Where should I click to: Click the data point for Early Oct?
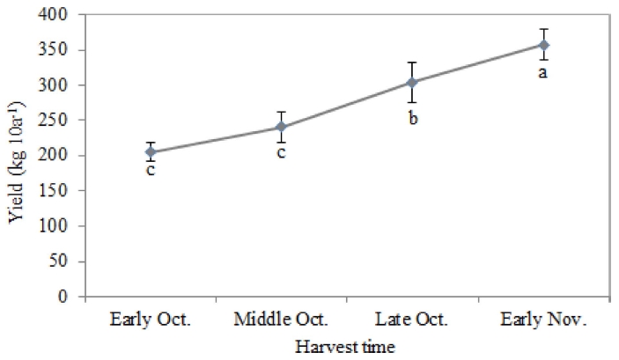(151, 152)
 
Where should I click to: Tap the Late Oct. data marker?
(412, 83)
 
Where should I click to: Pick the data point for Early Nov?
(543, 45)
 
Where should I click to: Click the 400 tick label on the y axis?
(63, 15)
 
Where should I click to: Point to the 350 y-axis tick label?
(63, 50)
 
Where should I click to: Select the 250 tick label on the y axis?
(63, 121)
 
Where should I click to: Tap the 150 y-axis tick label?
(63, 191)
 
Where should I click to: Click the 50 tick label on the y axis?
(67, 261)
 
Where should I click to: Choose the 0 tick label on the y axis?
(70, 297)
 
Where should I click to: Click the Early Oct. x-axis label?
(151, 319)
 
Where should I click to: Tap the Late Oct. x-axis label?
(412, 319)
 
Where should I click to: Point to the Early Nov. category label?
(543, 319)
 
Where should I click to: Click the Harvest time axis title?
(346, 348)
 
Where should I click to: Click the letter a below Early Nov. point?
(543, 71)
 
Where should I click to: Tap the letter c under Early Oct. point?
(151, 170)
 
